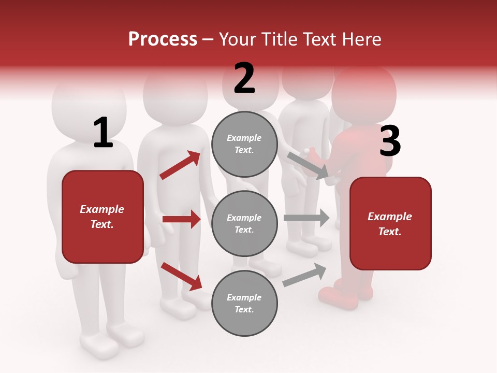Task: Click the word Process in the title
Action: [x=163, y=39]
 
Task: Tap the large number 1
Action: [x=103, y=133]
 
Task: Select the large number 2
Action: [x=244, y=78]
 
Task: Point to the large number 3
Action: [x=390, y=141]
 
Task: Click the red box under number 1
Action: [x=103, y=217]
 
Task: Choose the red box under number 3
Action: [x=390, y=223]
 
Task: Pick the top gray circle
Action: [x=244, y=144]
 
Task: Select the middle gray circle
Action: [x=244, y=224]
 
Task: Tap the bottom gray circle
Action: [x=244, y=304]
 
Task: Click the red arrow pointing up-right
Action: [x=180, y=165]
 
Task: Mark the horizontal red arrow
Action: [x=181, y=219]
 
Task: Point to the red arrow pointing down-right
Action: [x=181, y=276]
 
